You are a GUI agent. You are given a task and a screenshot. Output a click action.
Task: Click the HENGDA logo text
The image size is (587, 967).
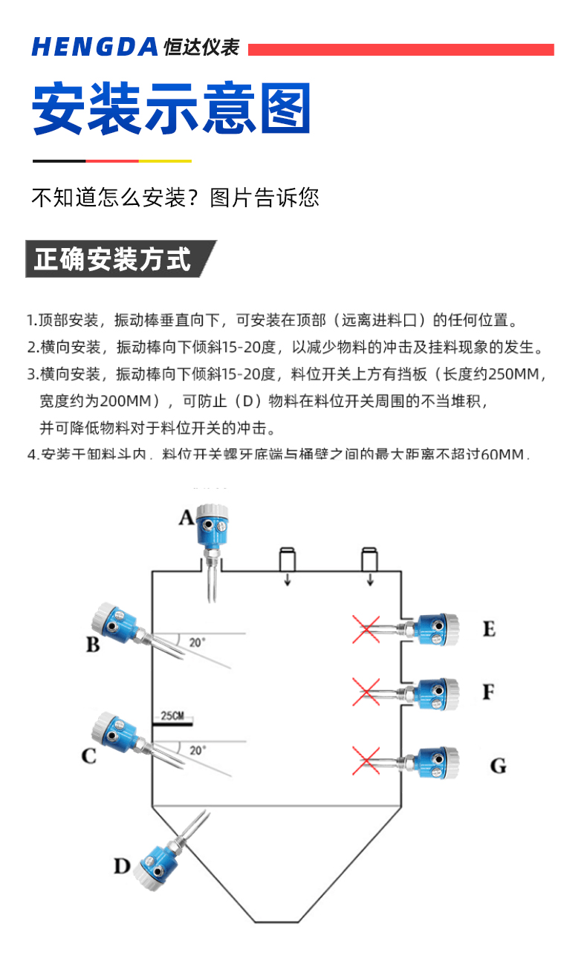[94, 47]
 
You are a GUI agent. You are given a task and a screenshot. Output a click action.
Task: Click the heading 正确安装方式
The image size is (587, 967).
[113, 259]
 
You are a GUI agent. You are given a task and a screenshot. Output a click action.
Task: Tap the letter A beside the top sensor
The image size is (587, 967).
[186, 516]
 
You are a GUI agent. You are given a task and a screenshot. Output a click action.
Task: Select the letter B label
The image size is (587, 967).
[92, 644]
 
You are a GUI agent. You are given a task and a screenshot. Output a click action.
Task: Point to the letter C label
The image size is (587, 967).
[89, 756]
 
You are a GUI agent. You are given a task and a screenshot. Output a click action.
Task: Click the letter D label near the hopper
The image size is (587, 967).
[122, 865]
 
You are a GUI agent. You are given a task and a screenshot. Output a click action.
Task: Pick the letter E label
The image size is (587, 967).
[488, 629]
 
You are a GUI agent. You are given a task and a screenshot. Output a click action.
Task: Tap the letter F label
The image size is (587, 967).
[488, 692]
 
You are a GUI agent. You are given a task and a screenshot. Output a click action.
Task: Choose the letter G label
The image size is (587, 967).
[498, 765]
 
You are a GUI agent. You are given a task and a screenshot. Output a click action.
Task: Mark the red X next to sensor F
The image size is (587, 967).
[366, 692]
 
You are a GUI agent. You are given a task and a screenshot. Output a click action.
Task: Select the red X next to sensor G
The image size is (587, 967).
[366, 760]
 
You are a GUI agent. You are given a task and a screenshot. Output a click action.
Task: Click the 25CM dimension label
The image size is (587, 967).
[172, 716]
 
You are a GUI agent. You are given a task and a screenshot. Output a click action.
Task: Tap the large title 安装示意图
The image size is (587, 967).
[171, 109]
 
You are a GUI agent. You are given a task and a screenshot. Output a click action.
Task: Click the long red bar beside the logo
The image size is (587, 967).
[400, 50]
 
